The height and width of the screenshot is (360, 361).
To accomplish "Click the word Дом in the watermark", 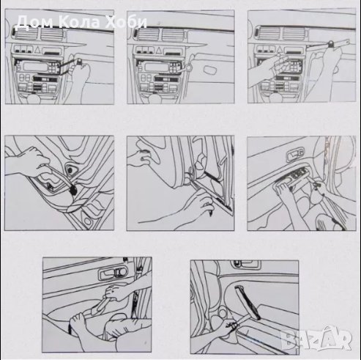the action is [34, 23].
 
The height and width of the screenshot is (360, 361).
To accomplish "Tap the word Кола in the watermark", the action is [80, 23].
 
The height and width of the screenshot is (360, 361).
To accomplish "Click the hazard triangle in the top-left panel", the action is [37, 51].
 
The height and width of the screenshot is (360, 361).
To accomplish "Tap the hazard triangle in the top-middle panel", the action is [159, 51].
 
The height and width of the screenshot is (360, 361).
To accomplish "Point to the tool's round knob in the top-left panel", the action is [79, 61].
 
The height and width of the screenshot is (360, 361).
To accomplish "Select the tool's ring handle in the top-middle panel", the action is [188, 67].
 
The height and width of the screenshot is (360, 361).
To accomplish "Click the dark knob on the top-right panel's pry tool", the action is [331, 44].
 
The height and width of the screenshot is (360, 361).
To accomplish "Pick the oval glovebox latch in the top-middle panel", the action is [210, 70].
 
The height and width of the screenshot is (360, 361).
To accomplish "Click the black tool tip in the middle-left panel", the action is [73, 190].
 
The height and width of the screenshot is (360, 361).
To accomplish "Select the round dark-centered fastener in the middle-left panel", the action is [70, 170].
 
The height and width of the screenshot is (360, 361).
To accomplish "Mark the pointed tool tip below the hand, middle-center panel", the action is [210, 213].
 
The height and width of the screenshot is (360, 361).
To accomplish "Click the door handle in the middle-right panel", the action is [295, 155].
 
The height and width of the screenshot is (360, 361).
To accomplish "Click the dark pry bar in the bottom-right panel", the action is [247, 302].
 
